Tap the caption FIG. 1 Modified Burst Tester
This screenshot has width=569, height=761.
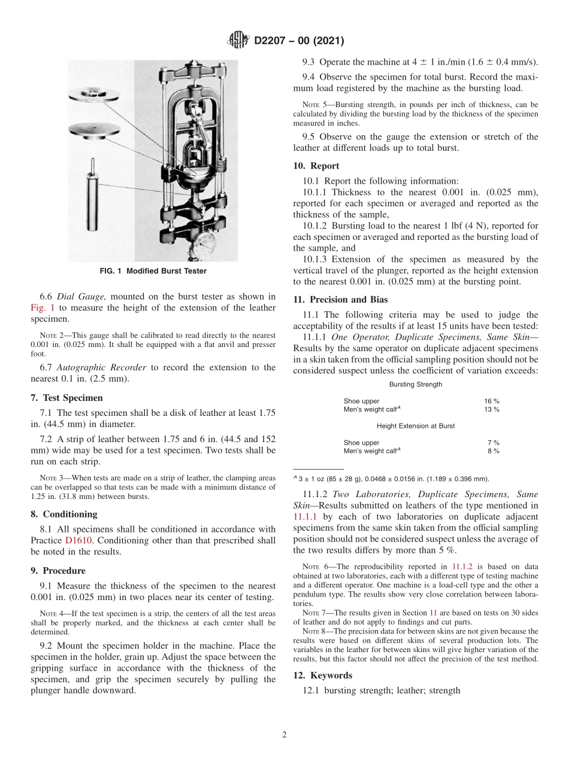[x=153, y=271]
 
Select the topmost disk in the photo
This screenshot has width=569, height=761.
[x=93, y=95]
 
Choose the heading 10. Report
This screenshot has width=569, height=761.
[x=316, y=166]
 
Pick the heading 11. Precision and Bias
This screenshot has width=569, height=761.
[x=340, y=300]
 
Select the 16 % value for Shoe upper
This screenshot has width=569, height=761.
[x=492, y=401]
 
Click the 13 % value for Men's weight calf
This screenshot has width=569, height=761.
[x=492, y=409]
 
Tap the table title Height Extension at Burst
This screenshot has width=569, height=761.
[x=415, y=426]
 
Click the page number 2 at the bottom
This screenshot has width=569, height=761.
[x=284, y=735]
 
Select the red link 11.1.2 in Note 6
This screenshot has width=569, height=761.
[x=460, y=567]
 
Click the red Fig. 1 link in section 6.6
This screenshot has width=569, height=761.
[x=42, y=308]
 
